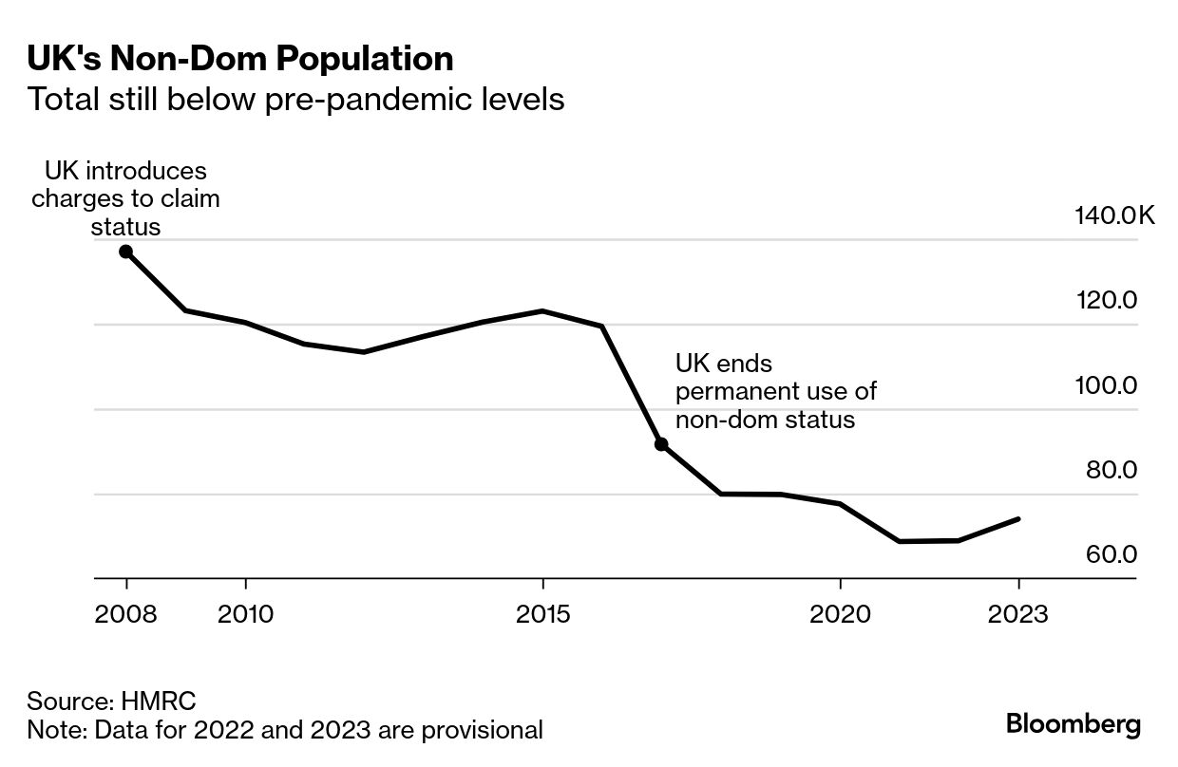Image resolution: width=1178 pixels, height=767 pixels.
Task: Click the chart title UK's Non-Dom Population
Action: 239,59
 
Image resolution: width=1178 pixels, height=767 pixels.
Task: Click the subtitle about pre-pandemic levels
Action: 295,99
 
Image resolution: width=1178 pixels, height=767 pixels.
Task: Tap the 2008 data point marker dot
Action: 125,252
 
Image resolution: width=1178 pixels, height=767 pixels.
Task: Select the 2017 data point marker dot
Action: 661,444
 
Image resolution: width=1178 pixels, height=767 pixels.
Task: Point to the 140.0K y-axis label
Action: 1114,216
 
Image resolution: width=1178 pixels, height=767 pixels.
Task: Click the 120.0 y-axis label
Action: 1106,301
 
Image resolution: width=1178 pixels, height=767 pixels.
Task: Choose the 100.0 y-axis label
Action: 1106,386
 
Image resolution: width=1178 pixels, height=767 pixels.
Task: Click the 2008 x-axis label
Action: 125,614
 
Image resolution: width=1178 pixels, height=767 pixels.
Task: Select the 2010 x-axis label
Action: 245,614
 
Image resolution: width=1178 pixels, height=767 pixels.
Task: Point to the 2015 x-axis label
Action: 542,614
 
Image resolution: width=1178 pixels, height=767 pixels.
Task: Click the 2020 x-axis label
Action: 840,614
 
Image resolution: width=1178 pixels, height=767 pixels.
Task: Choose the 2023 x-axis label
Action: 1018,614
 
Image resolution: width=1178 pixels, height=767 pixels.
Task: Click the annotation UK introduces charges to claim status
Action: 125,199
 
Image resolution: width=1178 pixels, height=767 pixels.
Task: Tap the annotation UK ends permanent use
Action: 775,391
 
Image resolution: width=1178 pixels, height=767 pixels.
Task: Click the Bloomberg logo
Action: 1073,724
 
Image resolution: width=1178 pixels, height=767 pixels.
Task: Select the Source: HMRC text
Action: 111,702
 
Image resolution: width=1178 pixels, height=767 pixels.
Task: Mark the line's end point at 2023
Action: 1018,519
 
